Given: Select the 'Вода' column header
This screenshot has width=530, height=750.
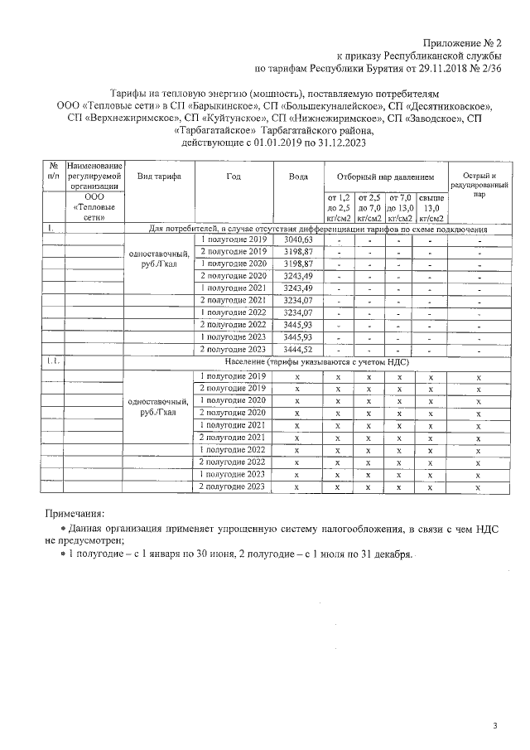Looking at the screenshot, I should point(298,177).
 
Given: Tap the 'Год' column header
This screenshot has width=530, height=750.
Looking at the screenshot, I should point(234,177).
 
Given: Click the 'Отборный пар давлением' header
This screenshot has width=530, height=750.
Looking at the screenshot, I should point(384,177).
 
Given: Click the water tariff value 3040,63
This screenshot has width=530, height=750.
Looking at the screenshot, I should point(298,240).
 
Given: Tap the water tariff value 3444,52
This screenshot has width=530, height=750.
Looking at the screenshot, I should point(298,351).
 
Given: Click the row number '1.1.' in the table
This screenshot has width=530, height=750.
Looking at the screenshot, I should point(52,363).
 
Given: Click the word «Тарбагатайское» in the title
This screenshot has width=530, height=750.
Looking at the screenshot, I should point(216,130).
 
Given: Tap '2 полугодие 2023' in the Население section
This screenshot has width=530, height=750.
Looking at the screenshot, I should point(233,486).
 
